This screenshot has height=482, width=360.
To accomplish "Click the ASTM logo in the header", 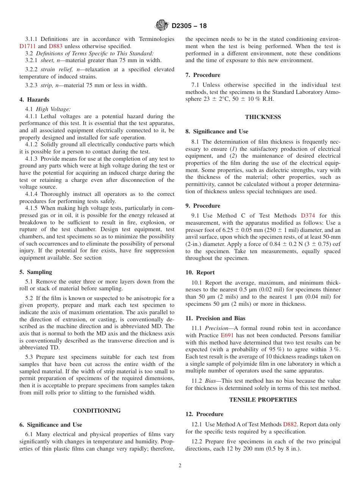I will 162,26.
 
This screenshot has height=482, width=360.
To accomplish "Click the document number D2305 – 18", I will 189,26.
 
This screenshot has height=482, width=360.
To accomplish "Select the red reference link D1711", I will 27,46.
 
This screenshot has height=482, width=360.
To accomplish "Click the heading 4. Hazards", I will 34,100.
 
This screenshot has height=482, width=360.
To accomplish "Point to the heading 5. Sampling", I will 36,272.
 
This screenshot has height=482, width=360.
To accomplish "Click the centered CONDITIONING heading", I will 97,411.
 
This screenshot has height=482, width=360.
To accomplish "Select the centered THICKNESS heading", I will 263,117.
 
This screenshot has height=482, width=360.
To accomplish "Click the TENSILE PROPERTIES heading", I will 263,400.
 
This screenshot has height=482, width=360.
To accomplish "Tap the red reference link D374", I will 308,216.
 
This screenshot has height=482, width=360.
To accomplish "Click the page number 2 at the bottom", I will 180,466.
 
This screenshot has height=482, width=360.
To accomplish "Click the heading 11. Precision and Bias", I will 215,318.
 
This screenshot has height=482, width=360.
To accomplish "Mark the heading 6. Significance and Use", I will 50,425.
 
